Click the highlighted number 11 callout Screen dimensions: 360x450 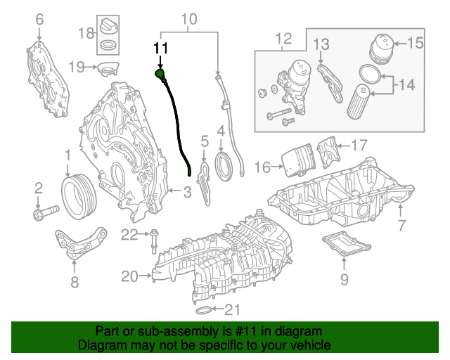tap(162, 48)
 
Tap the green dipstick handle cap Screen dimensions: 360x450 tap(160, 73)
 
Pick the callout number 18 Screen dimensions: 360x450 tap(86, 33)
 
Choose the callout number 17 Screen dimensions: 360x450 tap(359, 146)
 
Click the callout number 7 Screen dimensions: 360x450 tap(401, 226)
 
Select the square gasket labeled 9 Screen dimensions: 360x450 tap(345, 246)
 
